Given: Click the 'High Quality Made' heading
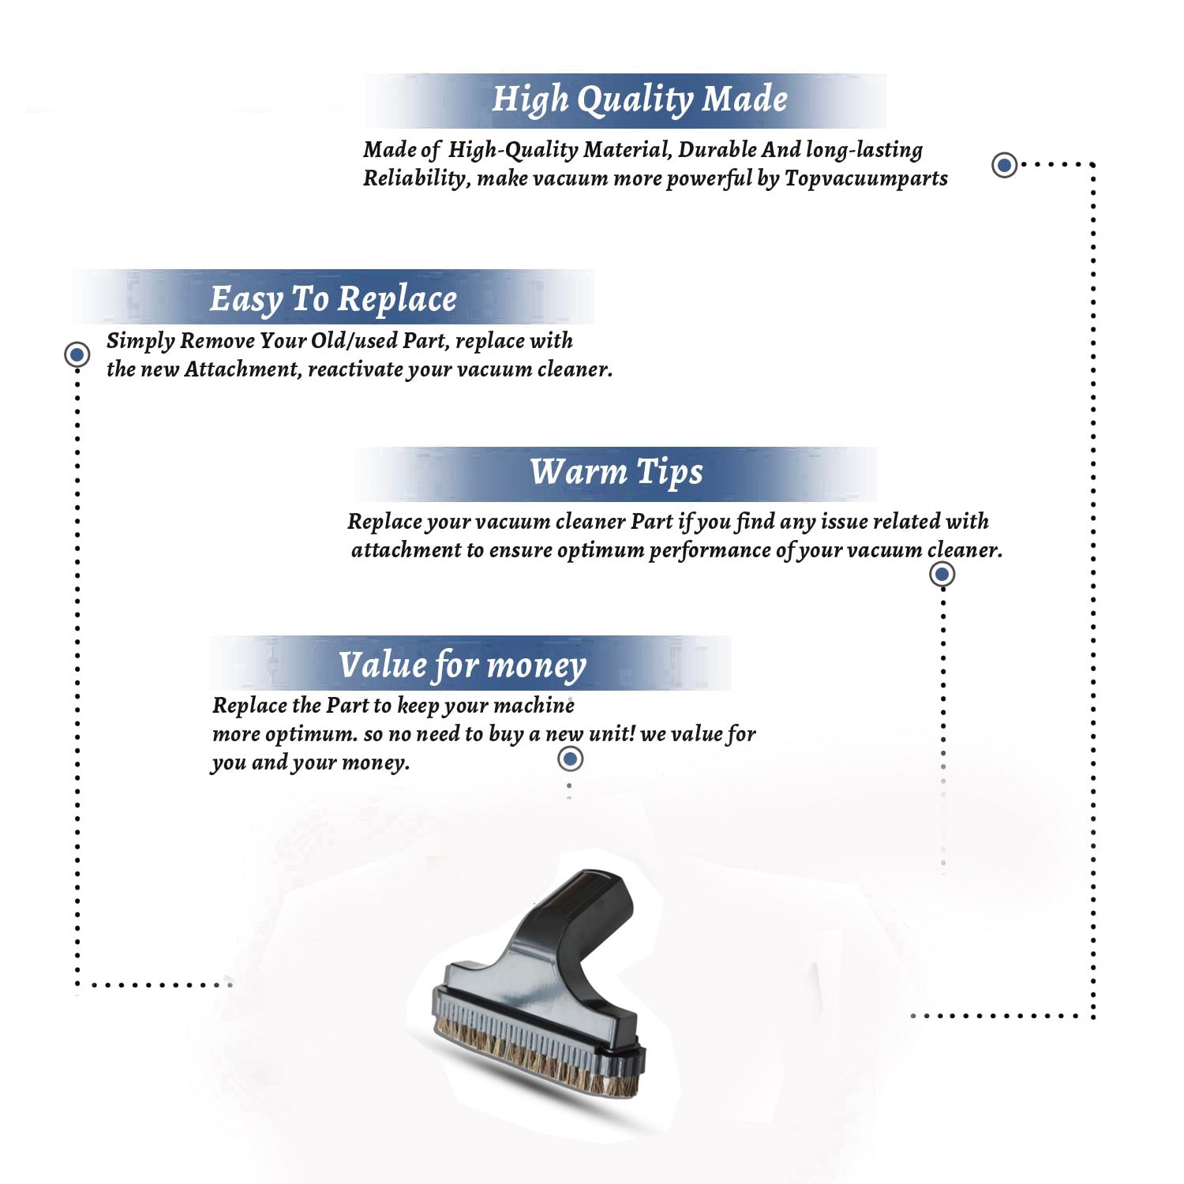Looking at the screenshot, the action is click(639, 100).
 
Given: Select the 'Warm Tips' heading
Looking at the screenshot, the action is click(616, 473).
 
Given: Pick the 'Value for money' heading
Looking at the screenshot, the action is click(463, 665).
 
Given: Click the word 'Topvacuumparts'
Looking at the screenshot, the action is click(866, 179).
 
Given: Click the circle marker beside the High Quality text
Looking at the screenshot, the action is click(1004, 165).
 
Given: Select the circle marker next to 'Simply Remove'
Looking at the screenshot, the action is click(77, 355).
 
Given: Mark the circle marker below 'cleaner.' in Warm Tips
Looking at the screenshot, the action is click(942, 574).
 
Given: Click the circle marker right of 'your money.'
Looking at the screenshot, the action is click(570, 759).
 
